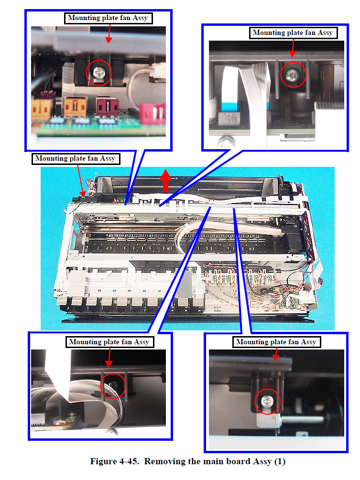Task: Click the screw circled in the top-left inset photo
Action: coord(99,73)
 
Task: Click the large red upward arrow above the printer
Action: coord(165,181)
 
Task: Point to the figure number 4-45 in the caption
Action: coord(129,461)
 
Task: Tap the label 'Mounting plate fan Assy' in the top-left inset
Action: coord(108,18)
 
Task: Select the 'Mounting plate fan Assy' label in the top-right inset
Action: coord(293,33)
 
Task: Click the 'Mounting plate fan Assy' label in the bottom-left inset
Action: coord(109,342)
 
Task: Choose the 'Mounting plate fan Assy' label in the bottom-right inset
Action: coord(276,342)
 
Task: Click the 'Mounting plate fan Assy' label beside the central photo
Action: coord(76,159)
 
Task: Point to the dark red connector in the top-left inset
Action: coord(107,106)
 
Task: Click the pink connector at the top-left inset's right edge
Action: coord(153,113)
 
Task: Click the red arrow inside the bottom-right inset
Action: coord(276,354)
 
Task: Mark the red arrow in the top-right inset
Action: coord(293,48)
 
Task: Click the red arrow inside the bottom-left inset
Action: coord(109,357)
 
